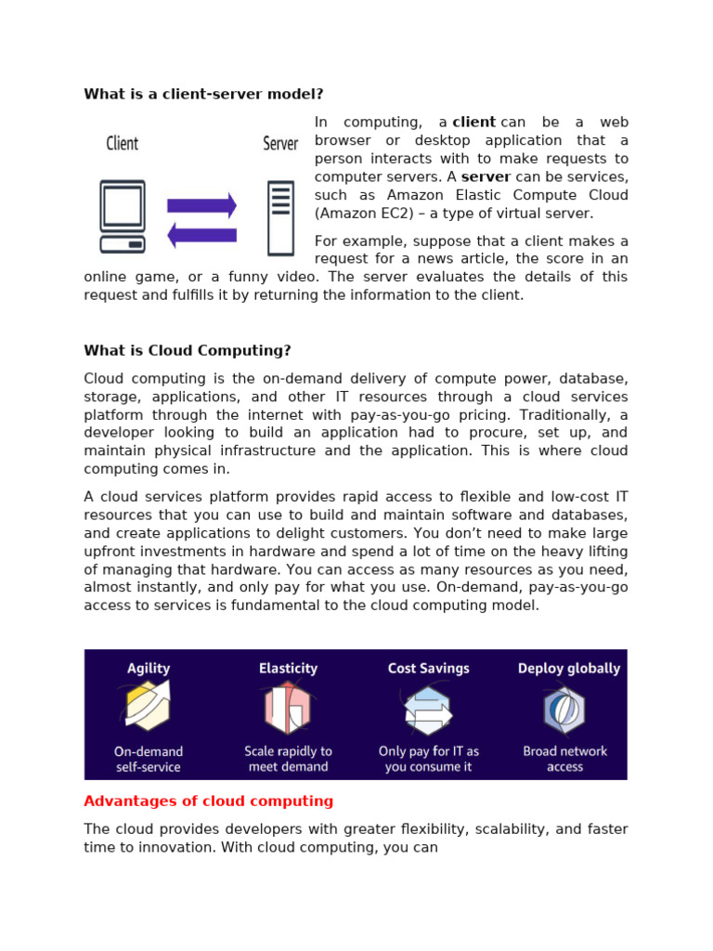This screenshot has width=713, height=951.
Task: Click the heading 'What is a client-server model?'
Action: point(203,94)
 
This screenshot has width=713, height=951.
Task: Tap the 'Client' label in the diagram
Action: point(122,143)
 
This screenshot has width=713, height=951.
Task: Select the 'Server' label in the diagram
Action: point(280,143)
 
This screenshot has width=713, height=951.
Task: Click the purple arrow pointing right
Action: point(201,205)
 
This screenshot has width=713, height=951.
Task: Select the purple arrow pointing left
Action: point(201,235)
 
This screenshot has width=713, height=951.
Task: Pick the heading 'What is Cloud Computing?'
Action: point(188,350)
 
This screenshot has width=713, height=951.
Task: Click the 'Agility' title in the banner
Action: point(149,669)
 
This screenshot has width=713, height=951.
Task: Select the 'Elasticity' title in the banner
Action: point(288,669)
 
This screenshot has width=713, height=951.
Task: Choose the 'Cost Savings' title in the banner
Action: point(428,669)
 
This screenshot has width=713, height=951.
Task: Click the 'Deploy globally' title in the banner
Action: point(568,669)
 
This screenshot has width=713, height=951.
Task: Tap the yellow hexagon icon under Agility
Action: point(147,708)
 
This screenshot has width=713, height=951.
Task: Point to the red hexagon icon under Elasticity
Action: point(287,709)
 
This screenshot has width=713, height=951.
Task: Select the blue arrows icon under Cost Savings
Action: point(428,710)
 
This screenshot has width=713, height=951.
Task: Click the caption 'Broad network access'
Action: point(564,759)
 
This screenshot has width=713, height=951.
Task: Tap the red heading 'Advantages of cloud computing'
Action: point(208,801)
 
